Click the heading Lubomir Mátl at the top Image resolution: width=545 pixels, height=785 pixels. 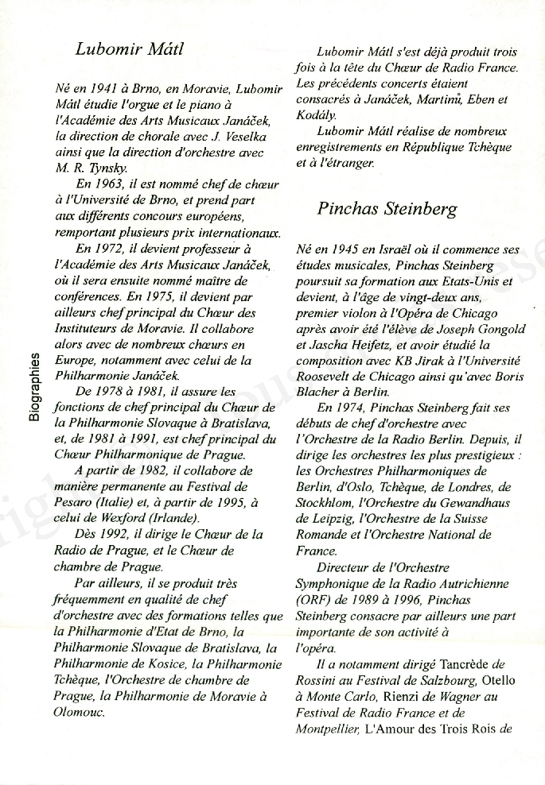[x=129, y=49]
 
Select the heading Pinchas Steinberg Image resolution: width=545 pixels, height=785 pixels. [x=387, y=210]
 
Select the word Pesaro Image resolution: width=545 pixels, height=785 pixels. [x=73, y=502]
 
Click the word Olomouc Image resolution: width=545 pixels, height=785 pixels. [x=79, y=711]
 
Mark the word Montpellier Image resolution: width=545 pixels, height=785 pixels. [x=326, y=728]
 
